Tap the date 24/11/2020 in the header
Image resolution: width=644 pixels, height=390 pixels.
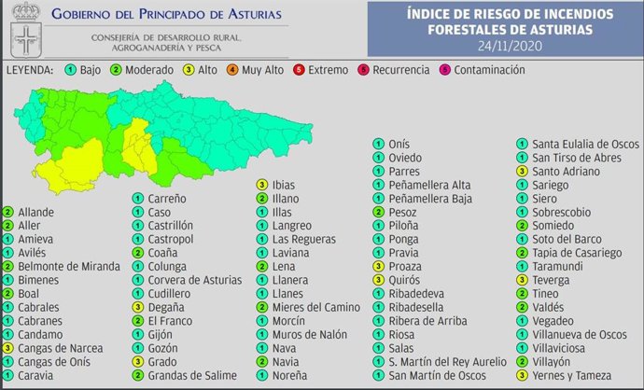[510, 46]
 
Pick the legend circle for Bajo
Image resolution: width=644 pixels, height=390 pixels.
[71, 70]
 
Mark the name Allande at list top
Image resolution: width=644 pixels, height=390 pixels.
[35, 213]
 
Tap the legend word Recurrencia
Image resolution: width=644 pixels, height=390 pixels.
[400, 70]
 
